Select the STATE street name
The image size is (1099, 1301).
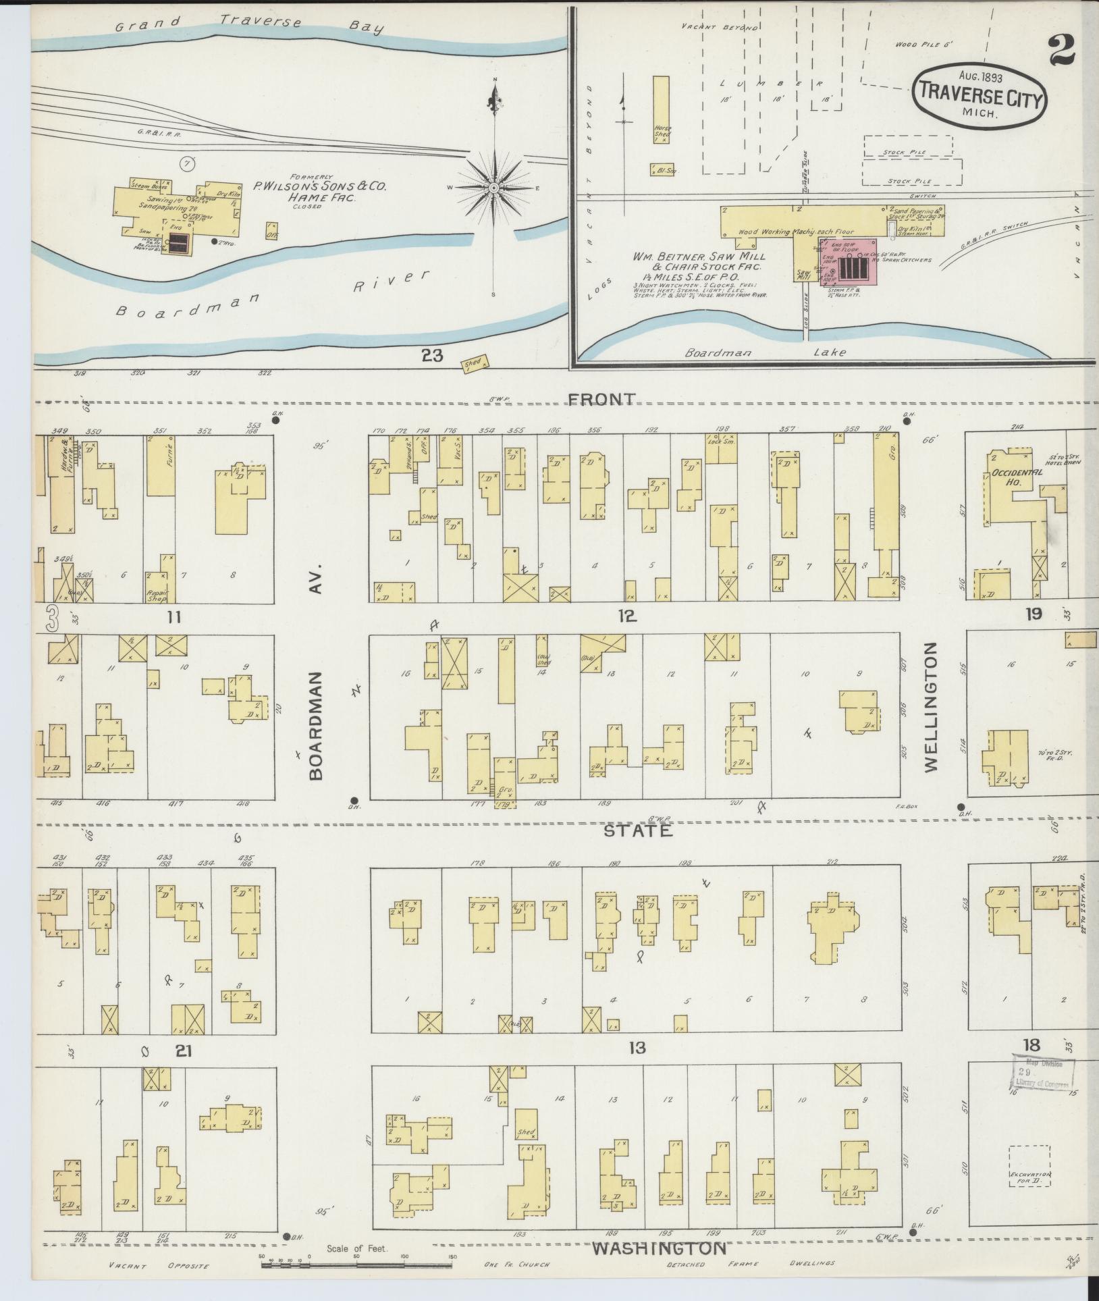coord(638,830)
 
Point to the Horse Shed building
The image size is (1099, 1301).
coord(662,109)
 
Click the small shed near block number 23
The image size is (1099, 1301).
coord(474,363)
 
